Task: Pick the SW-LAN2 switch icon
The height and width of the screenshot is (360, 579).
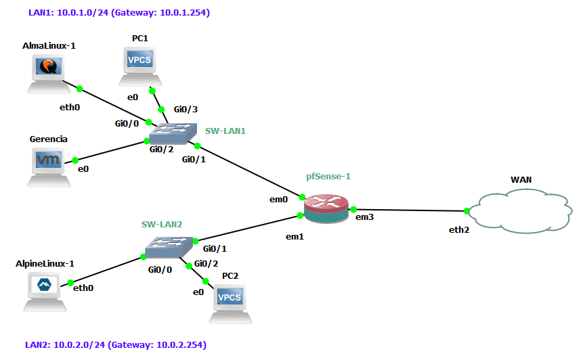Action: (168, 247)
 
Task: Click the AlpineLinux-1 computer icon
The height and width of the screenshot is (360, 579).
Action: (47, 291)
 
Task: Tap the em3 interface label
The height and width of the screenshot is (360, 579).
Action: (365, 217)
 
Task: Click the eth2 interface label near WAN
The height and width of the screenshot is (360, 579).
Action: (458, 230)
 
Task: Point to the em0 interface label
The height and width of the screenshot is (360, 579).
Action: (278, 200)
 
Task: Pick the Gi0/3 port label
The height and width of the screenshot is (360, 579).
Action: (186, 109)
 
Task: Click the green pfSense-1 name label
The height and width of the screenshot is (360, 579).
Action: (328, 176)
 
